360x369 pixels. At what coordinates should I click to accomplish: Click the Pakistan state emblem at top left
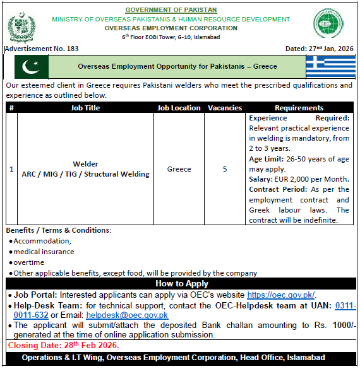(22, 27)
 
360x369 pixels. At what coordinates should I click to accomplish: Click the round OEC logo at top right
(329, 25)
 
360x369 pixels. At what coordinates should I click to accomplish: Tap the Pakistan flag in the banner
(31, 67)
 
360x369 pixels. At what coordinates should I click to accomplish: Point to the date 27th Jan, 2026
(320, 49)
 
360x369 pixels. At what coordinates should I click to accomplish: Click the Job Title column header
(85, 108)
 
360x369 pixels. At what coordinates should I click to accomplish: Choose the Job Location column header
(179, 108)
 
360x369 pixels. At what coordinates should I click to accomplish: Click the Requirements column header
(299, 108)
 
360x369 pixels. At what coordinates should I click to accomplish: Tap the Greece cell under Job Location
(179, 169)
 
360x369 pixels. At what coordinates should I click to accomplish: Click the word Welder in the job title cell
(85, 164)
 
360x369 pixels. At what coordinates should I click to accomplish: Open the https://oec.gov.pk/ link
(280, 295)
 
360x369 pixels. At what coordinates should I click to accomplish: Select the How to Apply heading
(181, 284)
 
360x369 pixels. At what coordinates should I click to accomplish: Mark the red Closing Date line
(63, 346)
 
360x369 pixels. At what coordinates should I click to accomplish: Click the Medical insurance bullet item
(44, 252)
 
